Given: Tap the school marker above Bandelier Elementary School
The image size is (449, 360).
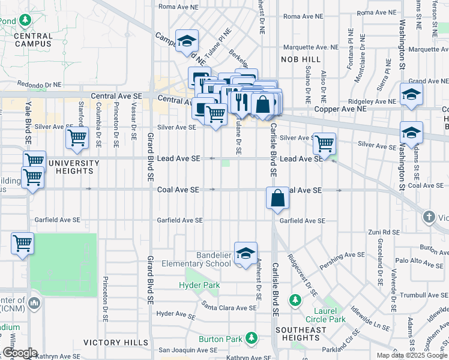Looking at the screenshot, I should tap(246, 254).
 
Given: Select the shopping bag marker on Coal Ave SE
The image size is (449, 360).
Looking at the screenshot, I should tap(277, 197).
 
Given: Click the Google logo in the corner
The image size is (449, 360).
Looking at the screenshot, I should tap(19, 353).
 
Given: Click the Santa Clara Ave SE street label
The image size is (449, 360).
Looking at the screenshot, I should tap(229, 307).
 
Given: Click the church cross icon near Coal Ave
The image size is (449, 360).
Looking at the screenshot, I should tap(429, 216).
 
